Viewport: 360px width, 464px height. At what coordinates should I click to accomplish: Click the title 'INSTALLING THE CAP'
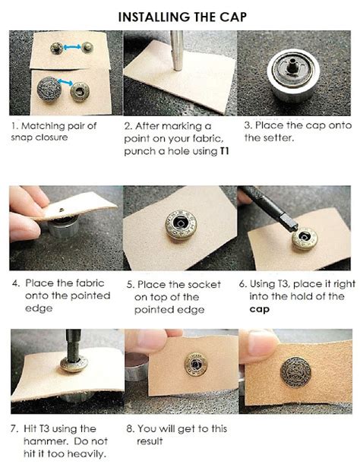180,16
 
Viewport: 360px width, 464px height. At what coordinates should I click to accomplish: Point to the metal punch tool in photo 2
178,49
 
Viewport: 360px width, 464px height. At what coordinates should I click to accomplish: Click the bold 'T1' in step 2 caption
225,152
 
